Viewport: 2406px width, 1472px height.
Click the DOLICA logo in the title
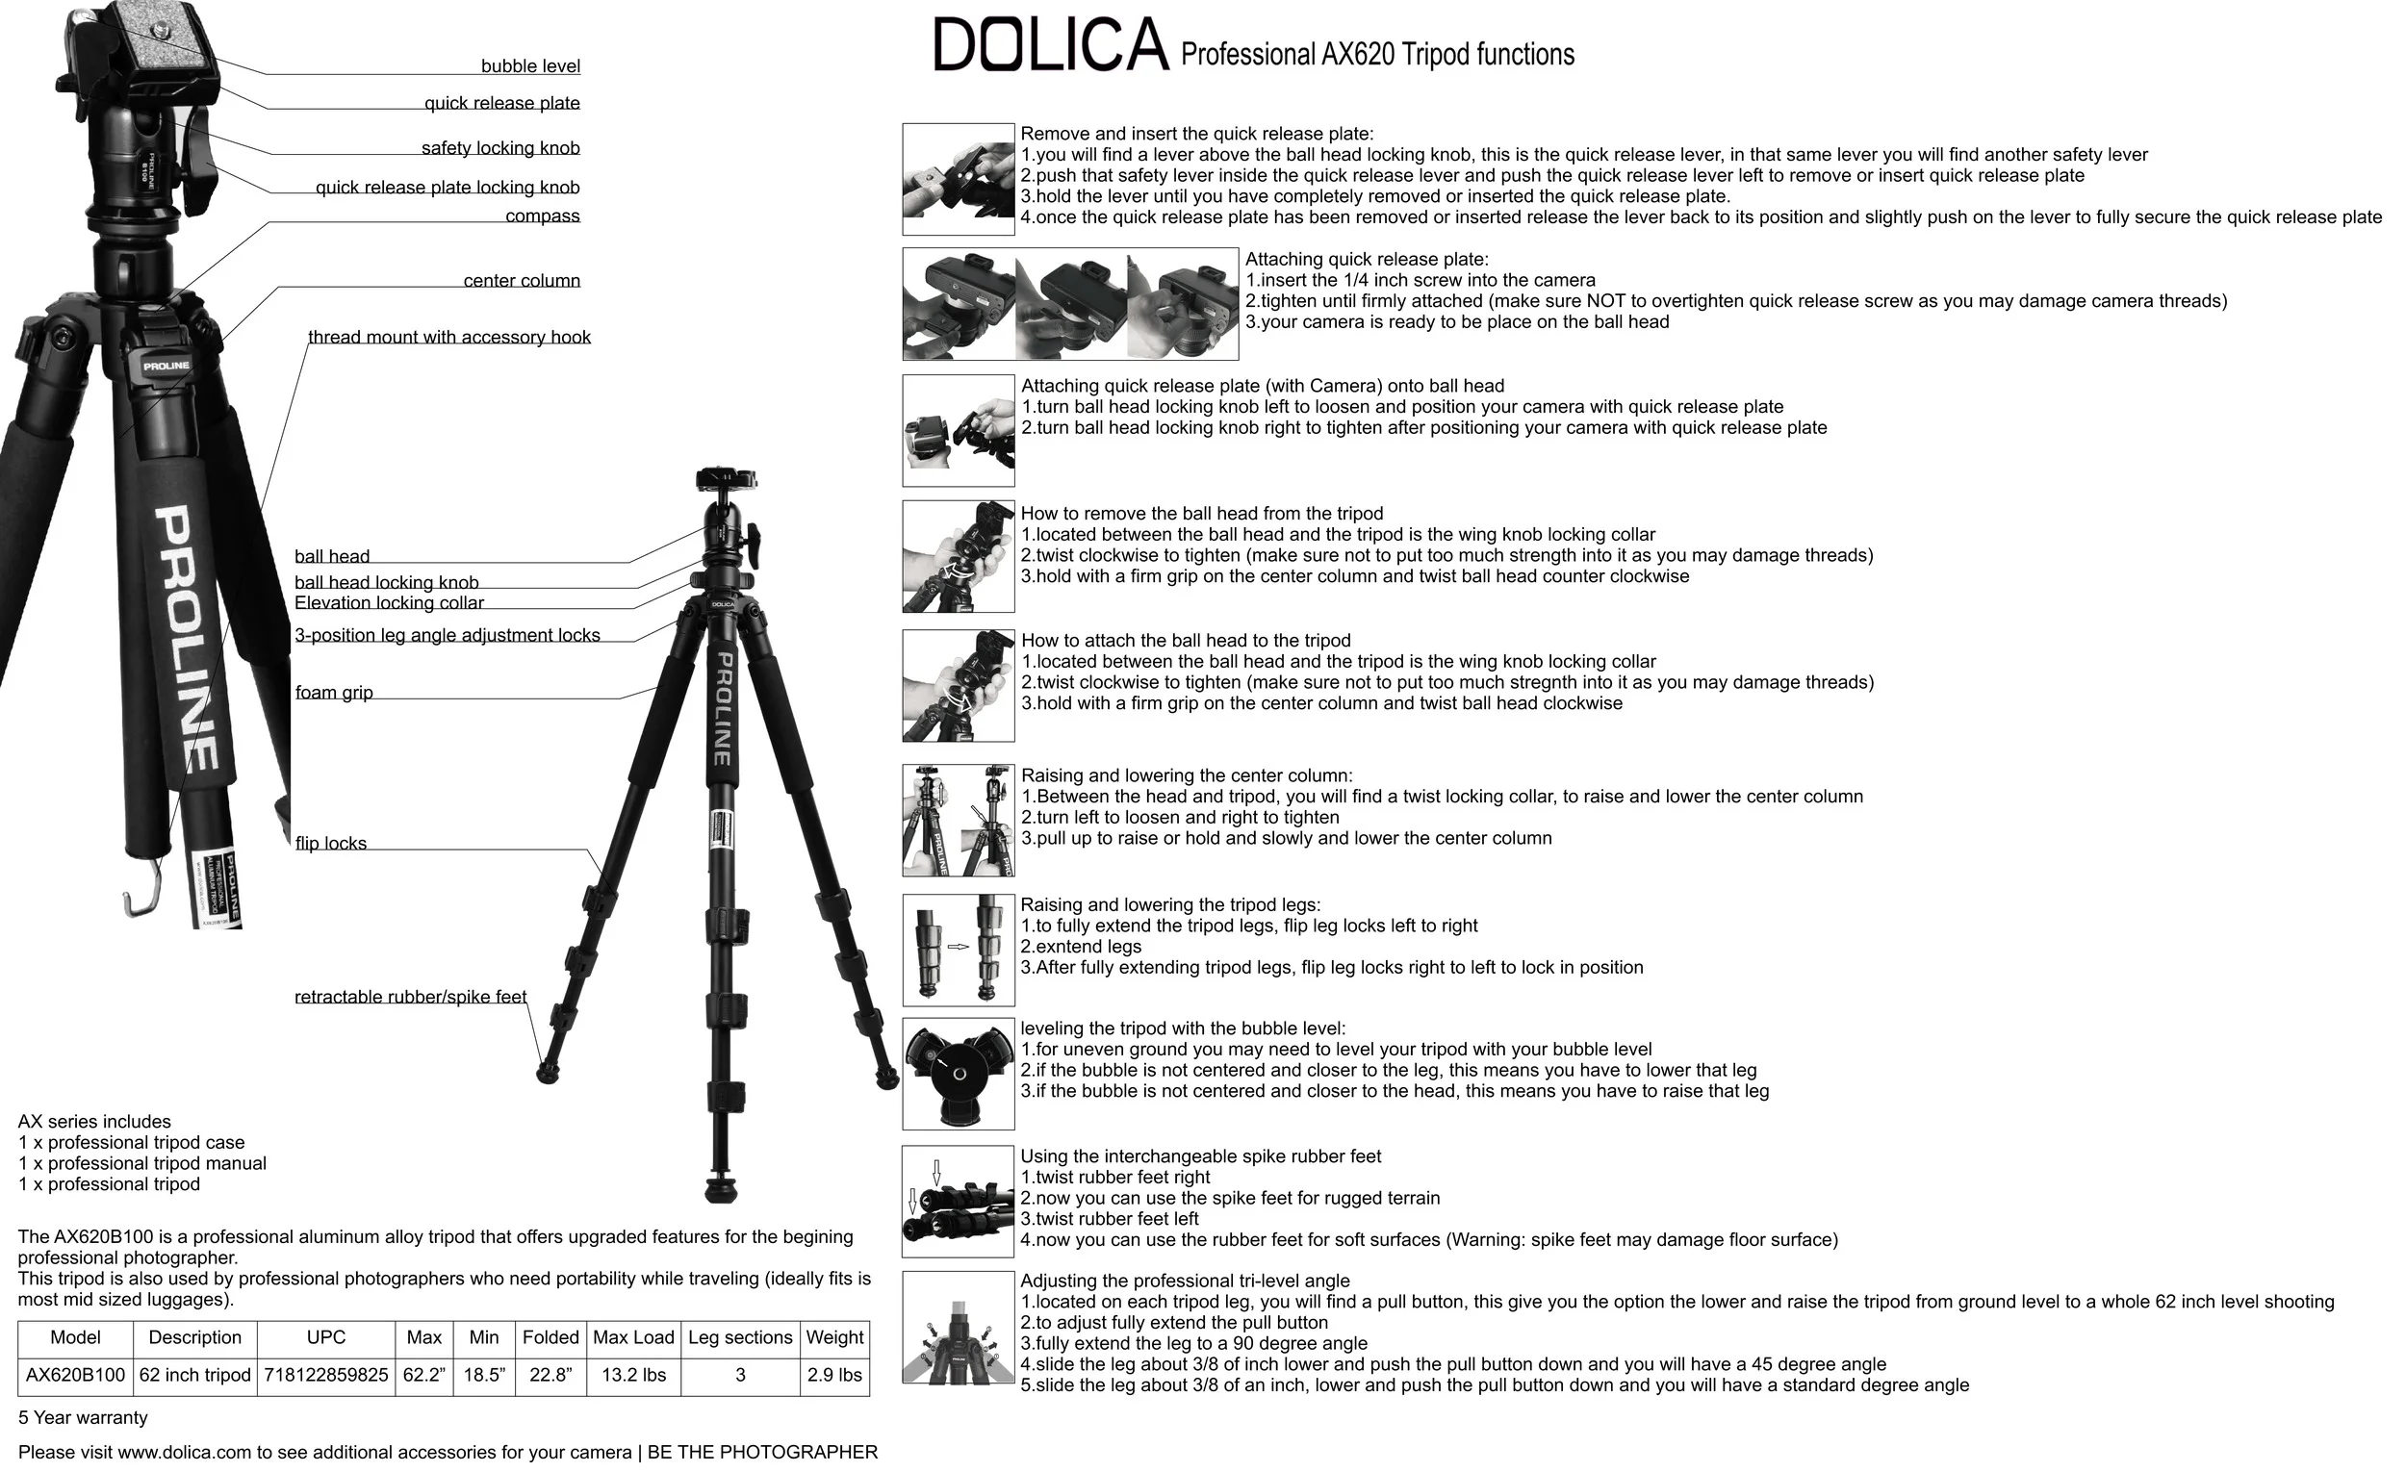coord(1051,45)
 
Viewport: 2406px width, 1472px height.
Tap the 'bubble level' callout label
coord(530,66)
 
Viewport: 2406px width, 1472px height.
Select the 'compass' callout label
coord(542,216)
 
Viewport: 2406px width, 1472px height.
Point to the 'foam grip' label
coord(334,692)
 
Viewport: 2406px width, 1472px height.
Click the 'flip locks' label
coord(331,844)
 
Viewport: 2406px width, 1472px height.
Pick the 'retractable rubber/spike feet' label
coord(410,997)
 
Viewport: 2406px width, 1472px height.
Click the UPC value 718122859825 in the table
coord(326,1376)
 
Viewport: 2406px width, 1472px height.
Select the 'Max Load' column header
coord(633,1337)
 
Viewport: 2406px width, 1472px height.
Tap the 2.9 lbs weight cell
coord(834,1376)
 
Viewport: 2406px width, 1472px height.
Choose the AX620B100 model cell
coord(75,1376)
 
